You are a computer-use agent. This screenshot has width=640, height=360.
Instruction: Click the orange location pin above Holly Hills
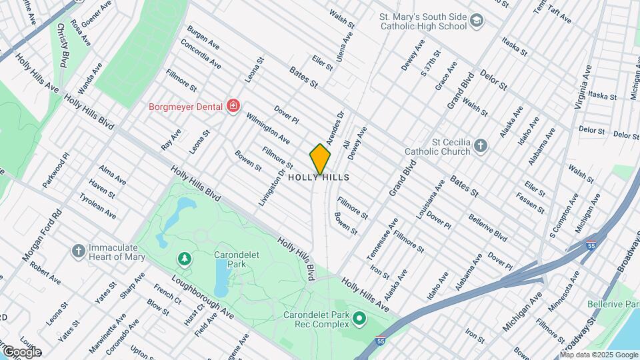(320, 159)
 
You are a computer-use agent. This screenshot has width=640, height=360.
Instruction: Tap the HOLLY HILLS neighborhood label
(319, 178)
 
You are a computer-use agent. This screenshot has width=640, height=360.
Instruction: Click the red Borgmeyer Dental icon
(233, 105)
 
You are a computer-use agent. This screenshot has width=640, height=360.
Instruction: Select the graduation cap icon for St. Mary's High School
(476, 21)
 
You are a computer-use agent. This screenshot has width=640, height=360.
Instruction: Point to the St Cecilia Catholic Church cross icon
(482, 146)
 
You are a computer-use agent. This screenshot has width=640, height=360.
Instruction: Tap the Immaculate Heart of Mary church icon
(78, 251)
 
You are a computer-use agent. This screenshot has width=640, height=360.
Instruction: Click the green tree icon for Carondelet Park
(183, 258)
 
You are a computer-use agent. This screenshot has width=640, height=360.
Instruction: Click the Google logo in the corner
(21, 351)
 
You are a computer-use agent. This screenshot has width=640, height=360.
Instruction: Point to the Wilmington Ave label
(268, 129)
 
